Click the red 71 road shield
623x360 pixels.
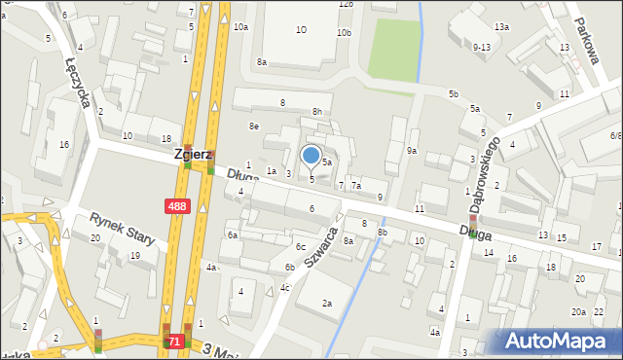[174, 342]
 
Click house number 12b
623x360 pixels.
[345, 4]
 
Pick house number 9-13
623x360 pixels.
[481, 47]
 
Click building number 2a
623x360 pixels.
[327, 304]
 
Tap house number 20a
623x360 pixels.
[578, 311]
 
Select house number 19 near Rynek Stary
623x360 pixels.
[134, 256]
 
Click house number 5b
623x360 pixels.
[453, 93]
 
